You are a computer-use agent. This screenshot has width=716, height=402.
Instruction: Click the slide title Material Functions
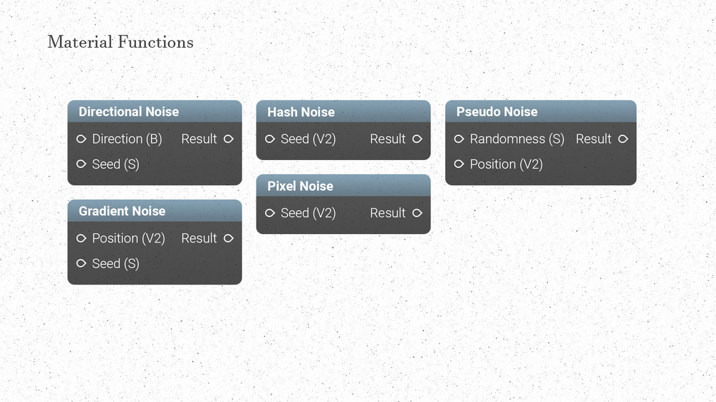click(120, 42)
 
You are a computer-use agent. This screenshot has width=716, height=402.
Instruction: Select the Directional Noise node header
click(155, 111)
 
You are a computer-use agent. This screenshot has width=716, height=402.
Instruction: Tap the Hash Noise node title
click(301, 112)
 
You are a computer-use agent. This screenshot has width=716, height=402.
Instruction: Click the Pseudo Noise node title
click(497, 112)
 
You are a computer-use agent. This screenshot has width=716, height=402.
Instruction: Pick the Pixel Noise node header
click(343, 186)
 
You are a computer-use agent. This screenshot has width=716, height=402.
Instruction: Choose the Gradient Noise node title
click(122, 211)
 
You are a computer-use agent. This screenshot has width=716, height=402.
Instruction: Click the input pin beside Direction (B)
click(81, 139)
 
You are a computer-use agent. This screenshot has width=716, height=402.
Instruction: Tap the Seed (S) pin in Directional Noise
click(81, 164)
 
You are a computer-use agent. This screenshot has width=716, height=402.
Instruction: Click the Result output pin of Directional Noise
click(229, 139)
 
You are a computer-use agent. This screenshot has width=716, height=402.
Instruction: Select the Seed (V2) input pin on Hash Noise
click(270, 139)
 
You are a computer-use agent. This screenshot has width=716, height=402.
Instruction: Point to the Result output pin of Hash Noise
click(417, 139)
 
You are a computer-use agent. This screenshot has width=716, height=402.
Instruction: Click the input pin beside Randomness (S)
click(459, 139)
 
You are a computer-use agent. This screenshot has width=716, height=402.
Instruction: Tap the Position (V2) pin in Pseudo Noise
click(459, 164)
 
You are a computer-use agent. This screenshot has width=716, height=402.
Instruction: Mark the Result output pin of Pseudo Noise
click(623, 139)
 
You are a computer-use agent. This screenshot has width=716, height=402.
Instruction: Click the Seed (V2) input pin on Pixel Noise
click(270, 213)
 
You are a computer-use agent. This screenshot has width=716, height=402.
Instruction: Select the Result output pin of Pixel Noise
click(417, 213)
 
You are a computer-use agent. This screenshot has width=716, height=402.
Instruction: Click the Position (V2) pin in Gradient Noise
click(81, 238)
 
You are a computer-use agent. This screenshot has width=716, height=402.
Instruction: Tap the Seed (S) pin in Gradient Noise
click(81, 263)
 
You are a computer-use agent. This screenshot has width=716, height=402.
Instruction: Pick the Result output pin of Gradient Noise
click(229, 238)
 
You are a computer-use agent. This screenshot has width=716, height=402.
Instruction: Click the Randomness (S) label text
click(517, 139)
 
